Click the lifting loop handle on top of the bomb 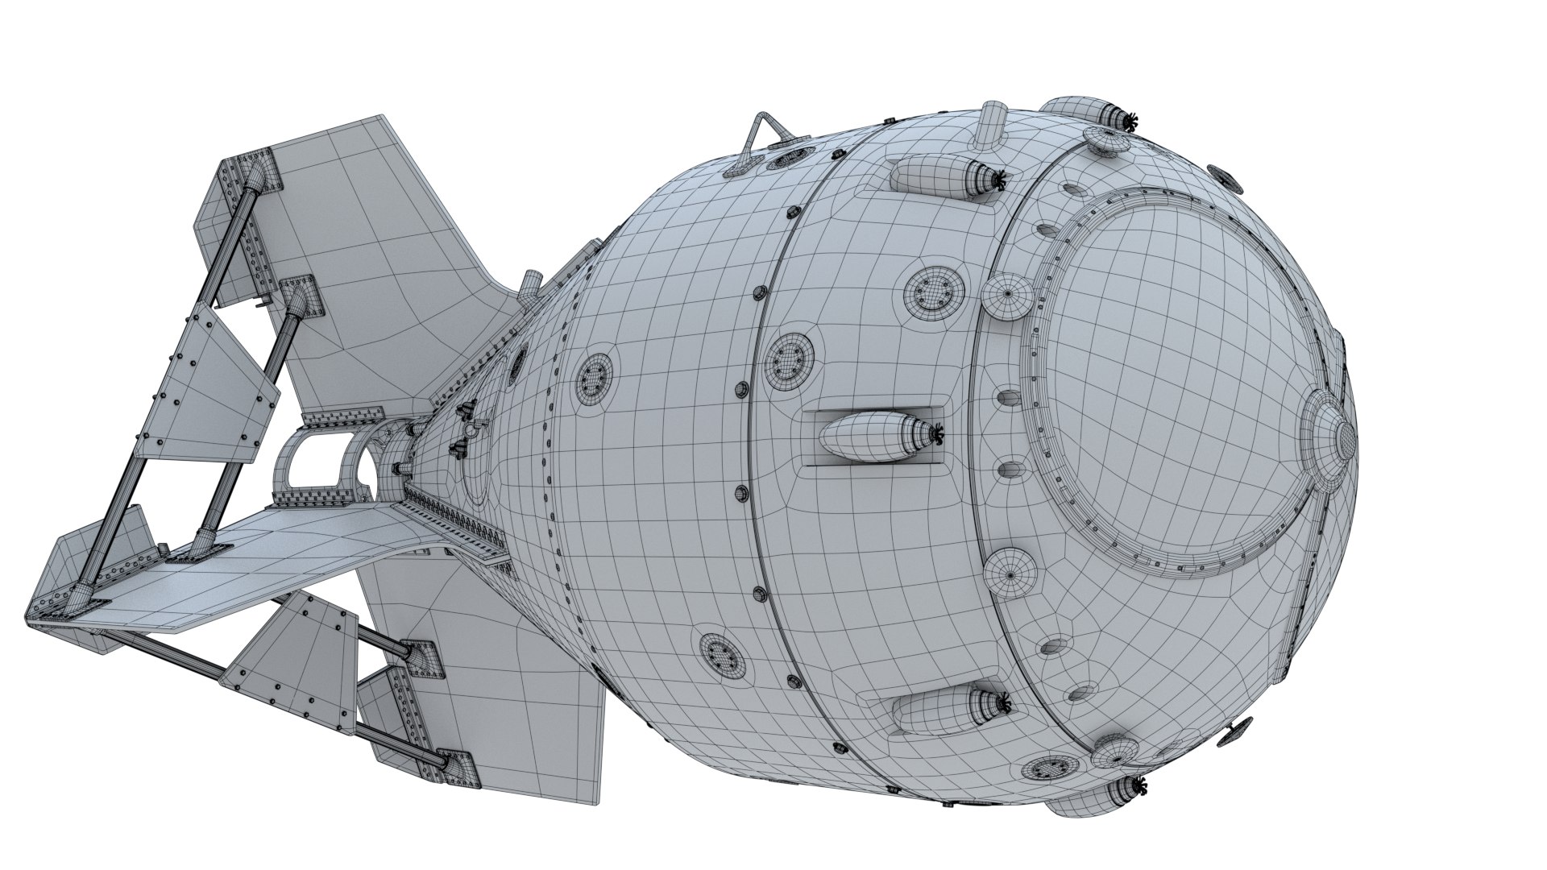[x=761, y=137]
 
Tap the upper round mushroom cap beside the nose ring [x=1007, y=296]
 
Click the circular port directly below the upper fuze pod [x=933, y=292]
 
